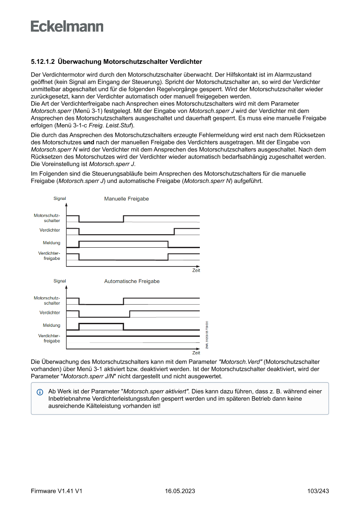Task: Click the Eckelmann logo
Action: pos(67,27)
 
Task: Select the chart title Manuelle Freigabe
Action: pos(126,199)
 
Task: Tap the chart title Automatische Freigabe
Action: pos(131,281)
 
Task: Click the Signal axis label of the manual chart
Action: pos(60,199)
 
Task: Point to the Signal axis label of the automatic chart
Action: pos(60,281)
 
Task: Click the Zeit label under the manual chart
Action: pos(196,270)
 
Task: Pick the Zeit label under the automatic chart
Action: pos(196,353)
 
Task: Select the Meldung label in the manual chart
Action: pos(51,243)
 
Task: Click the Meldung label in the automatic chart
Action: pos(51,325)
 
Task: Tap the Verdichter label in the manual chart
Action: pos(50,230)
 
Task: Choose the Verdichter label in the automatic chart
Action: pos(50,312)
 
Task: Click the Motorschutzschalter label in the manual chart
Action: pos(47,218)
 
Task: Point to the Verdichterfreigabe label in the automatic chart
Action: pos(49,338)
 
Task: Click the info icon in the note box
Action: pos(40,392)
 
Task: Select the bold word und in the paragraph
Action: pos(89,142)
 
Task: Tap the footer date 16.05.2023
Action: pos(180,491)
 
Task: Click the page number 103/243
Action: pos(318,491)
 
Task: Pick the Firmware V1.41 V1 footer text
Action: pos(57,491)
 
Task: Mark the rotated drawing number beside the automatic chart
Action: pos(207,335)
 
